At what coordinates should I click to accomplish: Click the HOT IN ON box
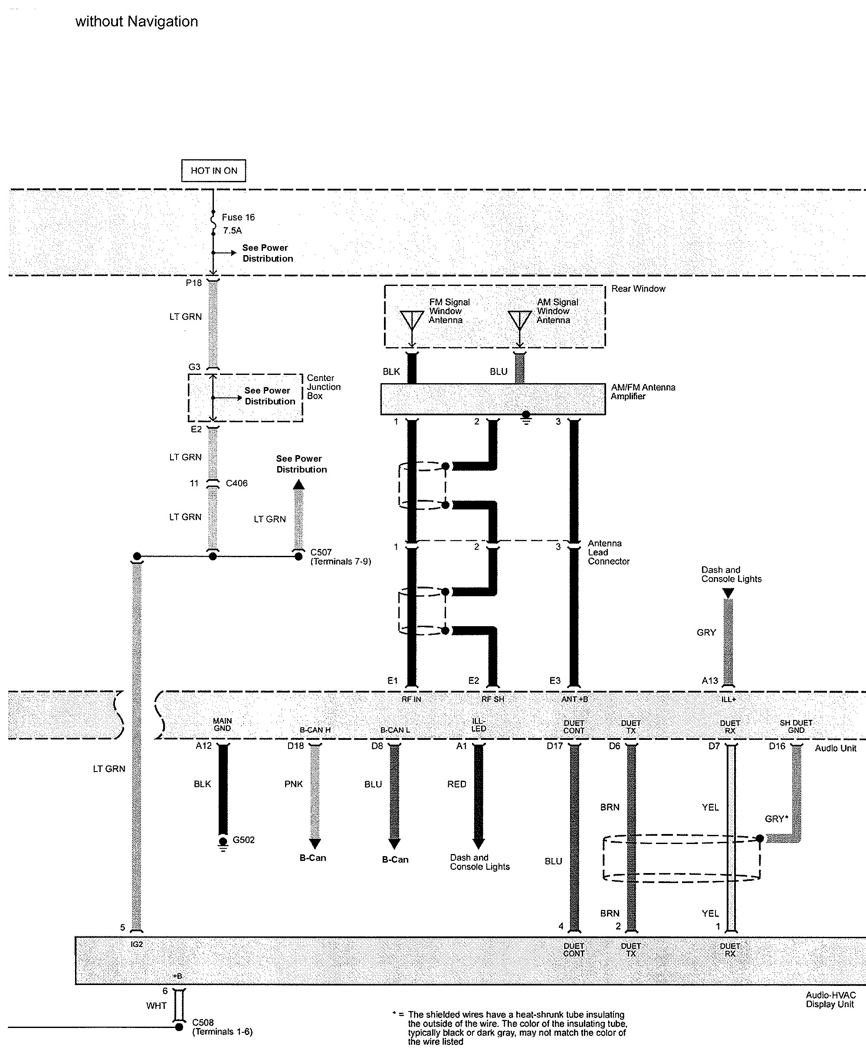pos(213,171)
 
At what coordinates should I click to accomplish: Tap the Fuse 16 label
pos(238,217)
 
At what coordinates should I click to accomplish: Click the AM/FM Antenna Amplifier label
pos(643,391)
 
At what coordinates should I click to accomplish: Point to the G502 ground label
pos(243,840)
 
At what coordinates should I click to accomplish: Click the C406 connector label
pos(236,483)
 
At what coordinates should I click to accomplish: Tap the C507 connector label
pos(321,552)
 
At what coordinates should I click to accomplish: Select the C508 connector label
pos(203,1022)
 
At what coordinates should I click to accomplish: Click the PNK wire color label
pos(293,784)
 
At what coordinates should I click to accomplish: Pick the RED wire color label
pos(456,784)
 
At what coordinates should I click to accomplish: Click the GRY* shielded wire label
pos(776,818)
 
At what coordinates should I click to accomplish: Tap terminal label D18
pos(295,746)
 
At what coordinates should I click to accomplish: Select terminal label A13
pos(709,680)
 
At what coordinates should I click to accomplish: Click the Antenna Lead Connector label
pos(608,552)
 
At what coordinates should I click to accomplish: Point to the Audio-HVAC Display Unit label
pos(830,1000)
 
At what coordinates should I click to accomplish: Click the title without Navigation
pos(137,21)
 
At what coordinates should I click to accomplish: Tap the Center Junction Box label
pos(323,387)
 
